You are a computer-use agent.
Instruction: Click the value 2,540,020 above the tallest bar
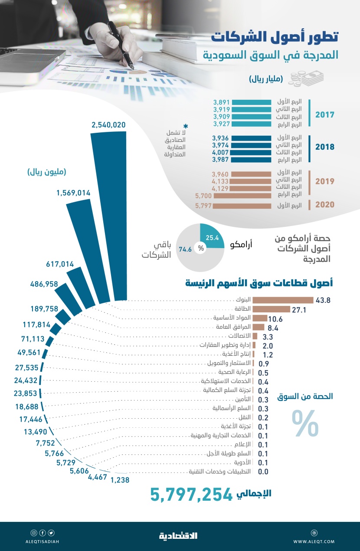[108, 125]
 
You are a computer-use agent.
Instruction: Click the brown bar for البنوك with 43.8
[282, 300]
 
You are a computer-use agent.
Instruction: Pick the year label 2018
[325, 147]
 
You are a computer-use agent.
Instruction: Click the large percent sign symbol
[305, 423]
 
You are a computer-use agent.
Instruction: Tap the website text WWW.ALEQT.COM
[314, 541]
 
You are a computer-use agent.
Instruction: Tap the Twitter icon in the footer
[51, 533]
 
